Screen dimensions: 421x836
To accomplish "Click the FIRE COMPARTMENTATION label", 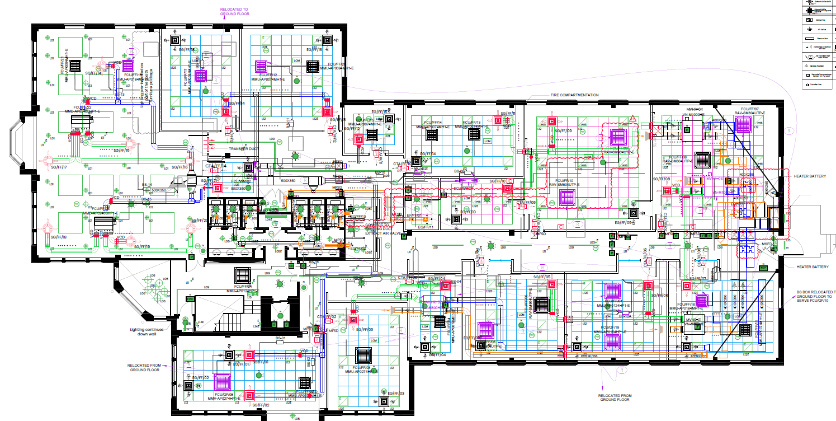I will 574,95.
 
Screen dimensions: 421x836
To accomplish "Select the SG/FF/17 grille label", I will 59,167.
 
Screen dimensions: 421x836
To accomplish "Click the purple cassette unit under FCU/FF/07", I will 743,124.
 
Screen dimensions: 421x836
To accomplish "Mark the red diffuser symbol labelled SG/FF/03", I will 353,320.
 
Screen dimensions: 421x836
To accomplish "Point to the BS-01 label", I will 280,338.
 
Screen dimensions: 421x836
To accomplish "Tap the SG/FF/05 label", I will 542,277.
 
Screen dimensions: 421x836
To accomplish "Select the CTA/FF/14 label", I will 216,166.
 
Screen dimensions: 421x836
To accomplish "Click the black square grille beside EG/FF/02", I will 230,354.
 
